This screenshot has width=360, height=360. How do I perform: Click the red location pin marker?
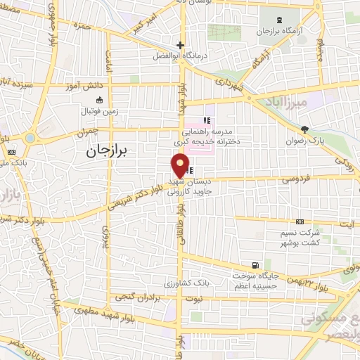tap(181, 165)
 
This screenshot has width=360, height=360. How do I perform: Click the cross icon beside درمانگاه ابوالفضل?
tap(180, 45)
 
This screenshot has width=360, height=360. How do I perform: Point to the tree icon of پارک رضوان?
tap(304, 129)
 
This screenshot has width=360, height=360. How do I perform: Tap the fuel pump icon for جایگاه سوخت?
tap(254, 266)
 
